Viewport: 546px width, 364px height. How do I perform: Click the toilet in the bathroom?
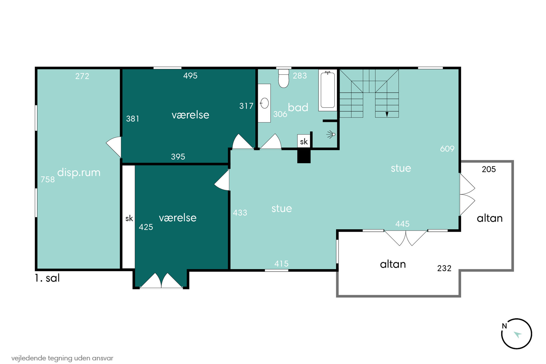coord(283,78)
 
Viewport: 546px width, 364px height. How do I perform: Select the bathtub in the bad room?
coord(327,90)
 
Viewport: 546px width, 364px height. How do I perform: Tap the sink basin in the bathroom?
coord(264,103)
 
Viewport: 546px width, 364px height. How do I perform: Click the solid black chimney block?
coord(304,156)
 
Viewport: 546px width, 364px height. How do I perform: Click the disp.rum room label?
coord(79,173)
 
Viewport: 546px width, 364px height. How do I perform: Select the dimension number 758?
coord(48,179)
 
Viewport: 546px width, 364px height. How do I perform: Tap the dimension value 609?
coord(447,149)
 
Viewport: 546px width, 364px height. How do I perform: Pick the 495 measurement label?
coord(190,76)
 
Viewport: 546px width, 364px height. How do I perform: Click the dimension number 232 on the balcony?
coord(444,268)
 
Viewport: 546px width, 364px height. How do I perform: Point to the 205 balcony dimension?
coord(489,169)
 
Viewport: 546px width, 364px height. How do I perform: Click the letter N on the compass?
coord(504,326)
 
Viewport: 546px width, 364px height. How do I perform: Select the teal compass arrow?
coord(518,334)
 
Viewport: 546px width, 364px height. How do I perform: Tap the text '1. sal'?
coord(47,278)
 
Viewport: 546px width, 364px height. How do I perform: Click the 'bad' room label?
coord(298,107)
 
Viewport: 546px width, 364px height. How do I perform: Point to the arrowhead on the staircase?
coord(387,114)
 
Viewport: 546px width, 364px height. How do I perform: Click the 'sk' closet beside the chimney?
coord(304,141)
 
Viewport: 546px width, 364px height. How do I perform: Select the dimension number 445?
coord(402,224)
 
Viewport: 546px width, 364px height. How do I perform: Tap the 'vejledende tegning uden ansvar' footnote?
coord(62,358)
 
